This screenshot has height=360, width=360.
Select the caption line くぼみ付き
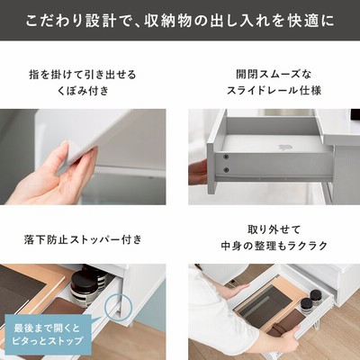[x=83, y=90]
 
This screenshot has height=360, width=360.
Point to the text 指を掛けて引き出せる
[x=83, y=74]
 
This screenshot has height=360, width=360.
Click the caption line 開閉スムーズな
[x=274, y=74]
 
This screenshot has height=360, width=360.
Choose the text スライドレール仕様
[x=274, y=90]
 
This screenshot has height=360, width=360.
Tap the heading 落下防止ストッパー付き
[x=83, y=239]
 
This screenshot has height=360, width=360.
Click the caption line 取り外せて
[x=274, y=229]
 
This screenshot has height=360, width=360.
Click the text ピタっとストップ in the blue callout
[x=47, y=341]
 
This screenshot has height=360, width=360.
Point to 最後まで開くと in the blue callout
[x=47, y=328]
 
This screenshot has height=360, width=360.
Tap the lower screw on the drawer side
[x=226, y=170]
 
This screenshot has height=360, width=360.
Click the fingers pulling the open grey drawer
[x=197, y=172]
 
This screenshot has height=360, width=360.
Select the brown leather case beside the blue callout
[x=61, y=307]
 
